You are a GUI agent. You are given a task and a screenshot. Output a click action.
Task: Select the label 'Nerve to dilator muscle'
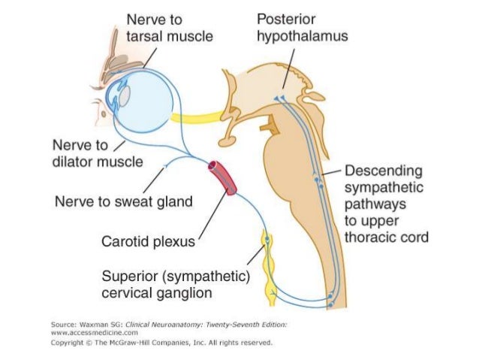(x=89, y=152)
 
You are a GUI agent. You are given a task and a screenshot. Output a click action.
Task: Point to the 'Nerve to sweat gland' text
(x=124, y=201)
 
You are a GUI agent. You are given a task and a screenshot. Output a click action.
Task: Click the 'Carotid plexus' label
(x=148, y=241)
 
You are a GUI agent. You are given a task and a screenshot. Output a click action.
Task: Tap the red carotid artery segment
(x=222, y=177)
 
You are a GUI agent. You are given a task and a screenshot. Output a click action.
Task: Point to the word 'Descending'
(x=383, y=171)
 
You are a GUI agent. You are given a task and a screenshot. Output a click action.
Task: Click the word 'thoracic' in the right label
(x=370, y=237)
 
